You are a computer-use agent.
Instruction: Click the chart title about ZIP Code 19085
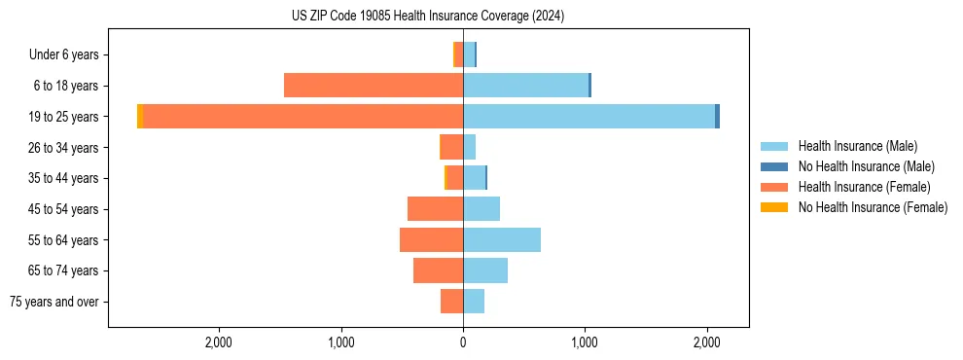[428, 17]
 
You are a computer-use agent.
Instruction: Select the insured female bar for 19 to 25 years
[303, 116]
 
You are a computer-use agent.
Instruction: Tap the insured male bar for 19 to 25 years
[588, 116]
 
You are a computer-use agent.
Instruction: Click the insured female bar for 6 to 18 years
[374, 86]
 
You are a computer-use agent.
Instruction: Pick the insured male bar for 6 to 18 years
[525, 86]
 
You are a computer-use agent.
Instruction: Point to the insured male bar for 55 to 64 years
[502, 239]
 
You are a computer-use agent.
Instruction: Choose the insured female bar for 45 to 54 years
[435, 209]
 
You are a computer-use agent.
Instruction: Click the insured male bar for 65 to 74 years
[485, 270]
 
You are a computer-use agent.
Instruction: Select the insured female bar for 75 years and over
[451, 302]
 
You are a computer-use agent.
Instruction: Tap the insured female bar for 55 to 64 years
[431, 239]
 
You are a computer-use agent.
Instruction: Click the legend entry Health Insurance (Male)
[857, 146]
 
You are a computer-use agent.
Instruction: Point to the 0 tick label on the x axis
[463, 342]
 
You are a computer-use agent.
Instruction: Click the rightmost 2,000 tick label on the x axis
[707, 342]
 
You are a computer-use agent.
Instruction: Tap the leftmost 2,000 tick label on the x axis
[219, 342]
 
